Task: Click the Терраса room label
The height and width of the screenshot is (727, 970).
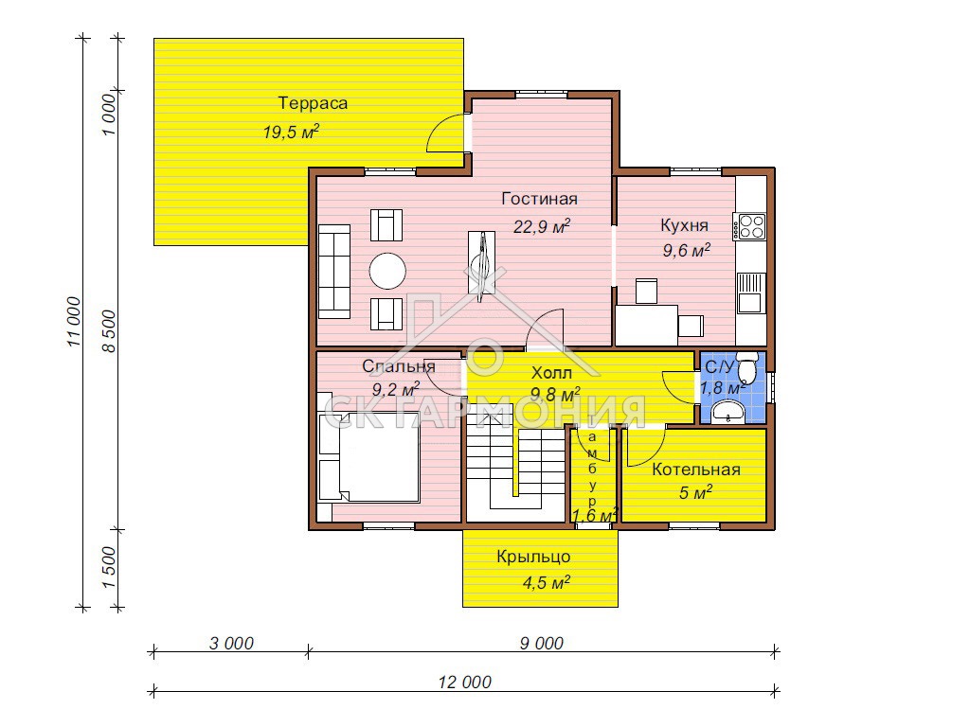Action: pos(313,103)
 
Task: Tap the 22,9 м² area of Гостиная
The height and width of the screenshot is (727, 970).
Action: pos(542,226)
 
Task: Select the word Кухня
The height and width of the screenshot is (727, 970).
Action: pos(684,225)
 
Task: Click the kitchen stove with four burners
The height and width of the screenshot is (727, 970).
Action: pos(749,226)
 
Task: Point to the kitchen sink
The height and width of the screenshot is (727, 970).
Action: pos(751,293)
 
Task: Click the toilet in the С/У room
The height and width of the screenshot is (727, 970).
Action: pos(747,368)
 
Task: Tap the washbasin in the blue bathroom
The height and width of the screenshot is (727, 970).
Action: pos(728,412)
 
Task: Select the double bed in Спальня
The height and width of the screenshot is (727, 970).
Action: pos(369,457)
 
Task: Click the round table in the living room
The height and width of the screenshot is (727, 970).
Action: pos(387,271)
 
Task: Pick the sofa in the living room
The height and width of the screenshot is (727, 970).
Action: pos(334,272)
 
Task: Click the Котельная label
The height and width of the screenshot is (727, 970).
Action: pos(696,470)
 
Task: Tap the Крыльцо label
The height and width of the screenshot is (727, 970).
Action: pos(533,557)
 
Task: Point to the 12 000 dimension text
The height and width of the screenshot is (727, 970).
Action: pos(464,682)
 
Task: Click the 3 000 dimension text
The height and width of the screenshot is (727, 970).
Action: pos(231,644)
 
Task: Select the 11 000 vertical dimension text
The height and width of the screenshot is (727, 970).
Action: pos(74,322)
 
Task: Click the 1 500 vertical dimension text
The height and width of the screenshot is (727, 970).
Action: pos(109,568)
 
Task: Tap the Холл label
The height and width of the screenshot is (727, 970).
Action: pos(552,373)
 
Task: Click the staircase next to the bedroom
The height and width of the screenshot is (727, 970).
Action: pos(516,468)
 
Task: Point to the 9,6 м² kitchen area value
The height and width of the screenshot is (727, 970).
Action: pos(686,250)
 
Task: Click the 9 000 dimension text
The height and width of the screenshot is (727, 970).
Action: pos(541,644)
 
